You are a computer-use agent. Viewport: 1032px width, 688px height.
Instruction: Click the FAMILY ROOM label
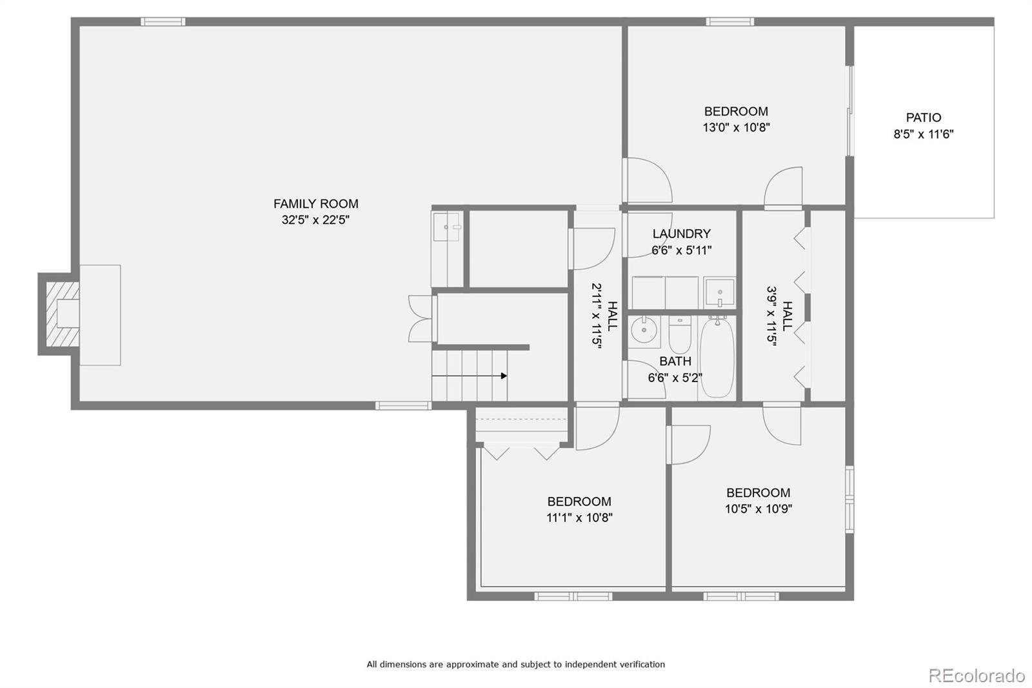click(x=315, y=203)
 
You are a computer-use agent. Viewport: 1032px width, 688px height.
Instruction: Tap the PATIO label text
click(x=923, y=117)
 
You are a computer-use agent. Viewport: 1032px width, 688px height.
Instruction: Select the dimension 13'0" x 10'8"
click(x=736, y=128)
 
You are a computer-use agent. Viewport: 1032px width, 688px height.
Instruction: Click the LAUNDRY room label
click(x=681, y=234)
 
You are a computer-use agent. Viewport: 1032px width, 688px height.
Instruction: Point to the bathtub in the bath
click(x=717, y=359)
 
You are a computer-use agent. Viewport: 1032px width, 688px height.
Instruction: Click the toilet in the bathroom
click(x=680, y=334)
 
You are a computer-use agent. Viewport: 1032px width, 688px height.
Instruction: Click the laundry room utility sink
click(x=719, y=292)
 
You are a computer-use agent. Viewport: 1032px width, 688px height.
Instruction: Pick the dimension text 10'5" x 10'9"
click(x=758, y=509)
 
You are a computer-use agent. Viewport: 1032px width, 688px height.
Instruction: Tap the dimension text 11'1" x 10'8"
click(x=579, y=518)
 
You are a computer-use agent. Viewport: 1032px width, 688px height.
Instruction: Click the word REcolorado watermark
click(x=976, y=676)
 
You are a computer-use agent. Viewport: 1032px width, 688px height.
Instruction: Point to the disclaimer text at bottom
click(x=515, y=664)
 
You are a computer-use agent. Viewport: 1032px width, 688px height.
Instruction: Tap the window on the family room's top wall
click(x=163, y=22)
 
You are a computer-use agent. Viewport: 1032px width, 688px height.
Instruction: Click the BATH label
click(x=675, y=361)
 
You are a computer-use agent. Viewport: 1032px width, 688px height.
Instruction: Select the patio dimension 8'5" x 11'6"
click(x=923, y=134)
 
